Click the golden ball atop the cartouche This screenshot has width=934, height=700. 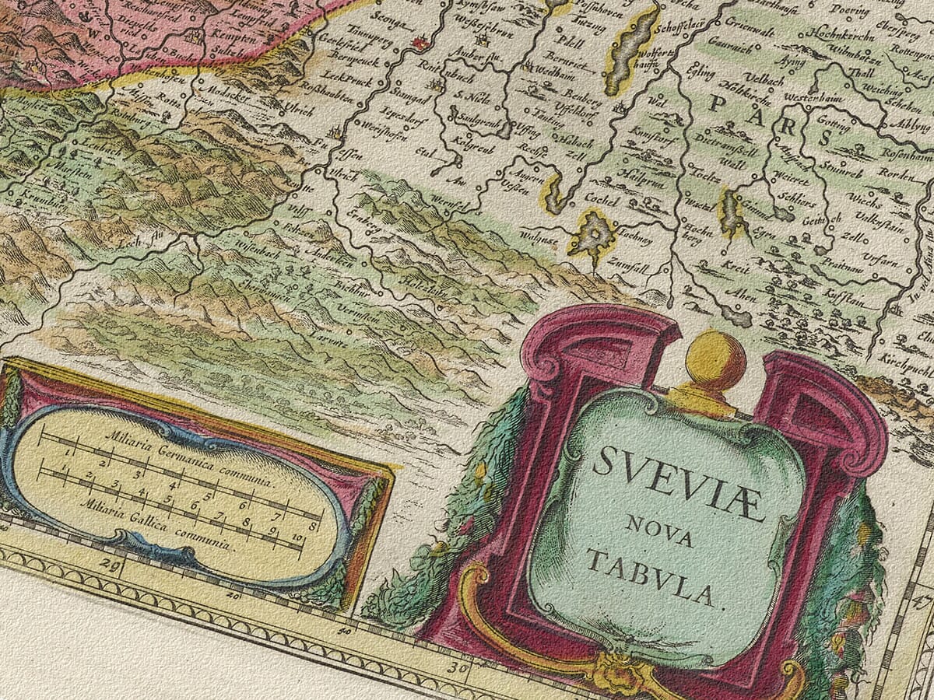tap(715, 359)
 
